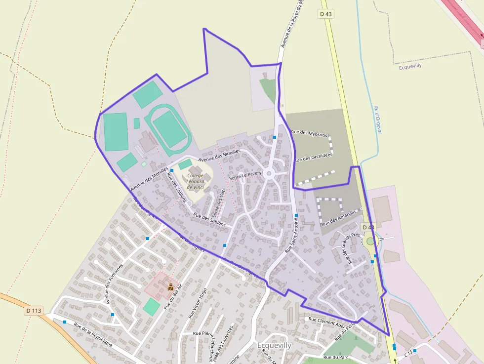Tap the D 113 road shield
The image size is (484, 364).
click(34, 311)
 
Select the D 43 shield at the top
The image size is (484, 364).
click(326, 14)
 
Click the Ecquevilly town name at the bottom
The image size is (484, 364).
click(275, 345)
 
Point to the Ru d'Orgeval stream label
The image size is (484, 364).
click(378, 120)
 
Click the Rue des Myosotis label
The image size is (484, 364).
click(309, 134)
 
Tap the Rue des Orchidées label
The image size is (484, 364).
click(314, 157)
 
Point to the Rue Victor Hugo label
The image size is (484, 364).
click(197, 303)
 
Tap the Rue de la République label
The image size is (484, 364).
click(93, 335)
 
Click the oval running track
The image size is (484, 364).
click(170, 128)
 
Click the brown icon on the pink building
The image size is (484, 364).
click(171, 287)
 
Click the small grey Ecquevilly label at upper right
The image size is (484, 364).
click(410, 66)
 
